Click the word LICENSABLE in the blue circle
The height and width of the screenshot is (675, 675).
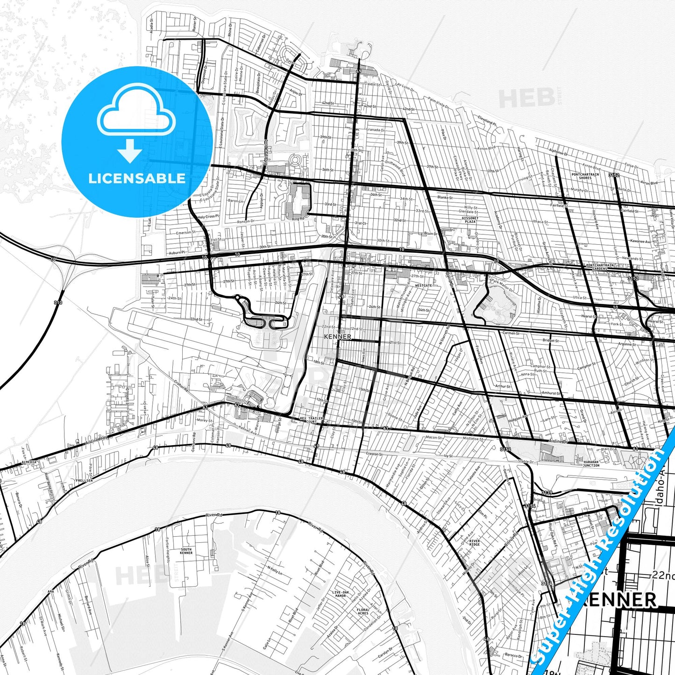[136, 178]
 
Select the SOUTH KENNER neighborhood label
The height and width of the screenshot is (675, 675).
[186, 551]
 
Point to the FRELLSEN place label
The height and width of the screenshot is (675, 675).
[84, 480]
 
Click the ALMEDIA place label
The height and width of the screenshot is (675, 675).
[29, 462]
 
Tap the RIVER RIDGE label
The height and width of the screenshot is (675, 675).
[474, 543]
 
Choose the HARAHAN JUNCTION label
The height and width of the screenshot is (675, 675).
[591, 463]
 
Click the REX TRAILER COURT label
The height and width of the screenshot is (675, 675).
[311, 420]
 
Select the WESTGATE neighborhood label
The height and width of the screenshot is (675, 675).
[423, 285]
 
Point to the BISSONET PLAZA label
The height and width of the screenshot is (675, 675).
[470, 220]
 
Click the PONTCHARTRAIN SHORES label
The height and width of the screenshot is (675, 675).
[585, 176]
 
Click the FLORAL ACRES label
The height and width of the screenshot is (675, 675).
[363, 611]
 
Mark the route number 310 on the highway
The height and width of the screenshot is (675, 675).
[57, 303]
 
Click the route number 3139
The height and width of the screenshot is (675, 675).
[547, 493]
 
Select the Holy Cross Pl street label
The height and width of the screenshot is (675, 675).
[208, 217]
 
